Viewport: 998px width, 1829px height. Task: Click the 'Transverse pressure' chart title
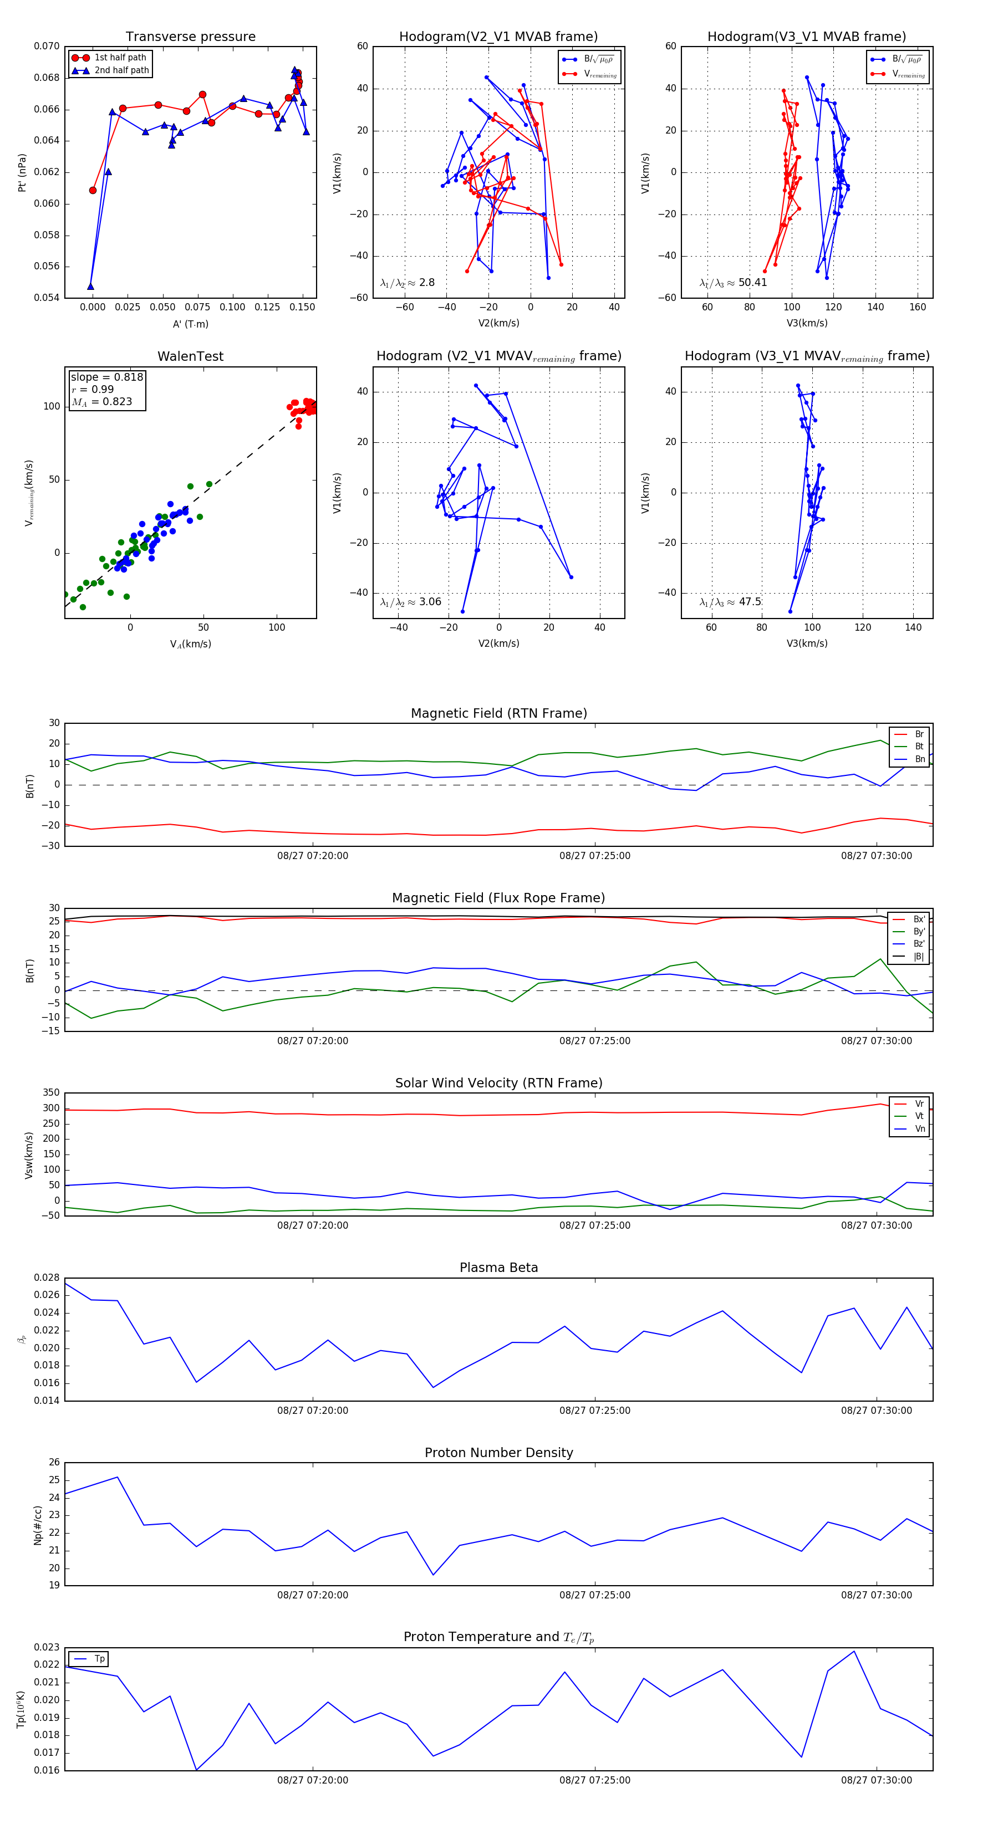pyautogui.click(x=190, y=37)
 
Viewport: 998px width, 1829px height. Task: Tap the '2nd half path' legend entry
pyautogui.click(x=121, y=70)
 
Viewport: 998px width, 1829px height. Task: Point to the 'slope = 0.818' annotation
pyautogui.click(x=106, y=377)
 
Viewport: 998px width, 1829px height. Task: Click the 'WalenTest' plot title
pyautogui.click(x=190, y=356)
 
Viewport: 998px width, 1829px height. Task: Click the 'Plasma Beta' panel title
pyautogui.click(x=498, y=1268)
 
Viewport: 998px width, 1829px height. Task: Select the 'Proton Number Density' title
pyautogui.click(x=498, y=1453)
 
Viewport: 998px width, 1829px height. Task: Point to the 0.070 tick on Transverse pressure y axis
pyautogui.click(x=47, y=47)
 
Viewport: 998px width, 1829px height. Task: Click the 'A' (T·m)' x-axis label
pyautogui.click(x=190, y=324)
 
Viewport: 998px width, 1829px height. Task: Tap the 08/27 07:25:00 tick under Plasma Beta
pyautogui.click(x=594, y=1410)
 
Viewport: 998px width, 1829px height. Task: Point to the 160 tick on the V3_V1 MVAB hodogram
pyautogui.click(x=918, y=308)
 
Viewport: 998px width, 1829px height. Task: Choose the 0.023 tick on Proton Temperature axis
pyautogui.click(x=47, y=1647)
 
